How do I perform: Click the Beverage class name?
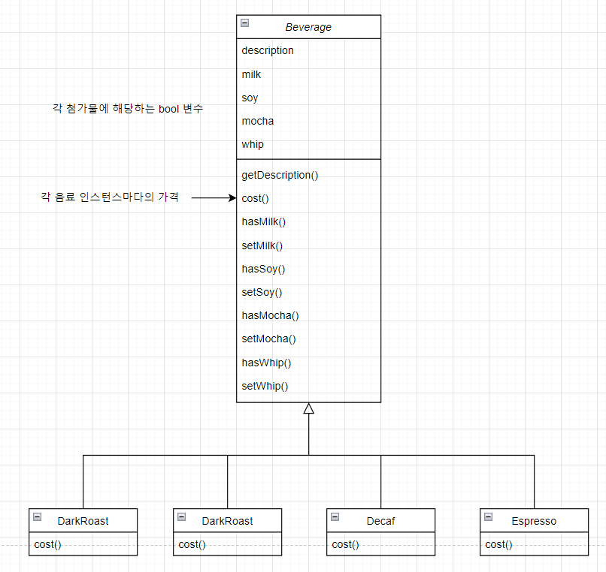coord(308,28)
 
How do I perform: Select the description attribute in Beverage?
coord(268,51)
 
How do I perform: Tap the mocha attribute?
coord(258,121)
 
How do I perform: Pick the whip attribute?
coord(253,144)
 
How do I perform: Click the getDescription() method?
coord(280,175)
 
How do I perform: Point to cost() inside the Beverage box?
coord(256,198)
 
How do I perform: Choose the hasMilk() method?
coord(264,221)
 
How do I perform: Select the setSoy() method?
coord(262,292)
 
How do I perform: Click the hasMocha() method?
coord(270,315)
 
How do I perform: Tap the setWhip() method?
coord(265,386)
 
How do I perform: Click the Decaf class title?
coord(380,521)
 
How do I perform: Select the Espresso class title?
coord(534,521)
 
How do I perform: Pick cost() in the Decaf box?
coord(345,544)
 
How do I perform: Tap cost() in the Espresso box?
coord(498,544)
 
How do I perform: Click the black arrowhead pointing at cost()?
coord(232,198)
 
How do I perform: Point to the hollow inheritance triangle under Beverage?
coord(308,408)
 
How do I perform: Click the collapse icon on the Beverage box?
coord(245,23)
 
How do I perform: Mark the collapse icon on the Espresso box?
coord(489,516)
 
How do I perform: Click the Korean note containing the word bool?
coord(128,109)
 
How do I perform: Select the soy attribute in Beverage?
coord(250,98)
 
